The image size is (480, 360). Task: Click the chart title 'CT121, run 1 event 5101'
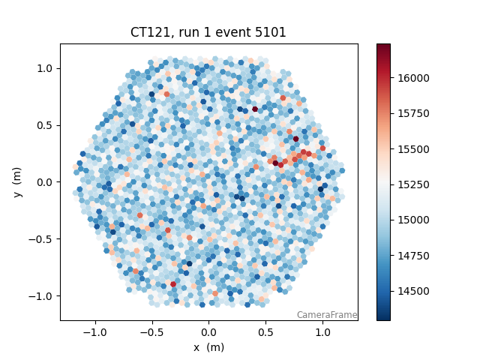(208, 33)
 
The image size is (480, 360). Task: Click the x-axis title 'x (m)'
(208, 347)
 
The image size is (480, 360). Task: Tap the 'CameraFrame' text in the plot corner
(326, 315)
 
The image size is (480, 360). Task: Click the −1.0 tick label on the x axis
(94, 331)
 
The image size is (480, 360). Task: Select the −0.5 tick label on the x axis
(151, 331)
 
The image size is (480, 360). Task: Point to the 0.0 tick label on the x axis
(208, 331)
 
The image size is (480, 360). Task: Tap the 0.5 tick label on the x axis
(265, 331)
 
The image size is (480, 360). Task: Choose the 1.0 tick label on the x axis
(322, 331)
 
